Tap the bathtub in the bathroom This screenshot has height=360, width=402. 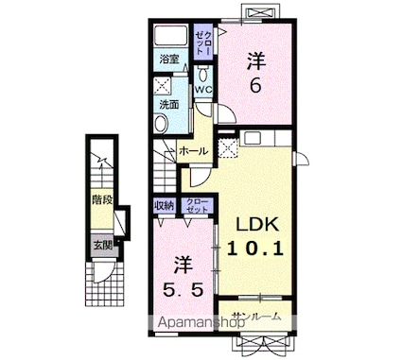(171, 38)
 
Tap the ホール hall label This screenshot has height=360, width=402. (191, 150)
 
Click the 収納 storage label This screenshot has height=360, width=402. (163, 205)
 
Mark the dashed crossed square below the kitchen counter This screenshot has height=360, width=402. (226, 148)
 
